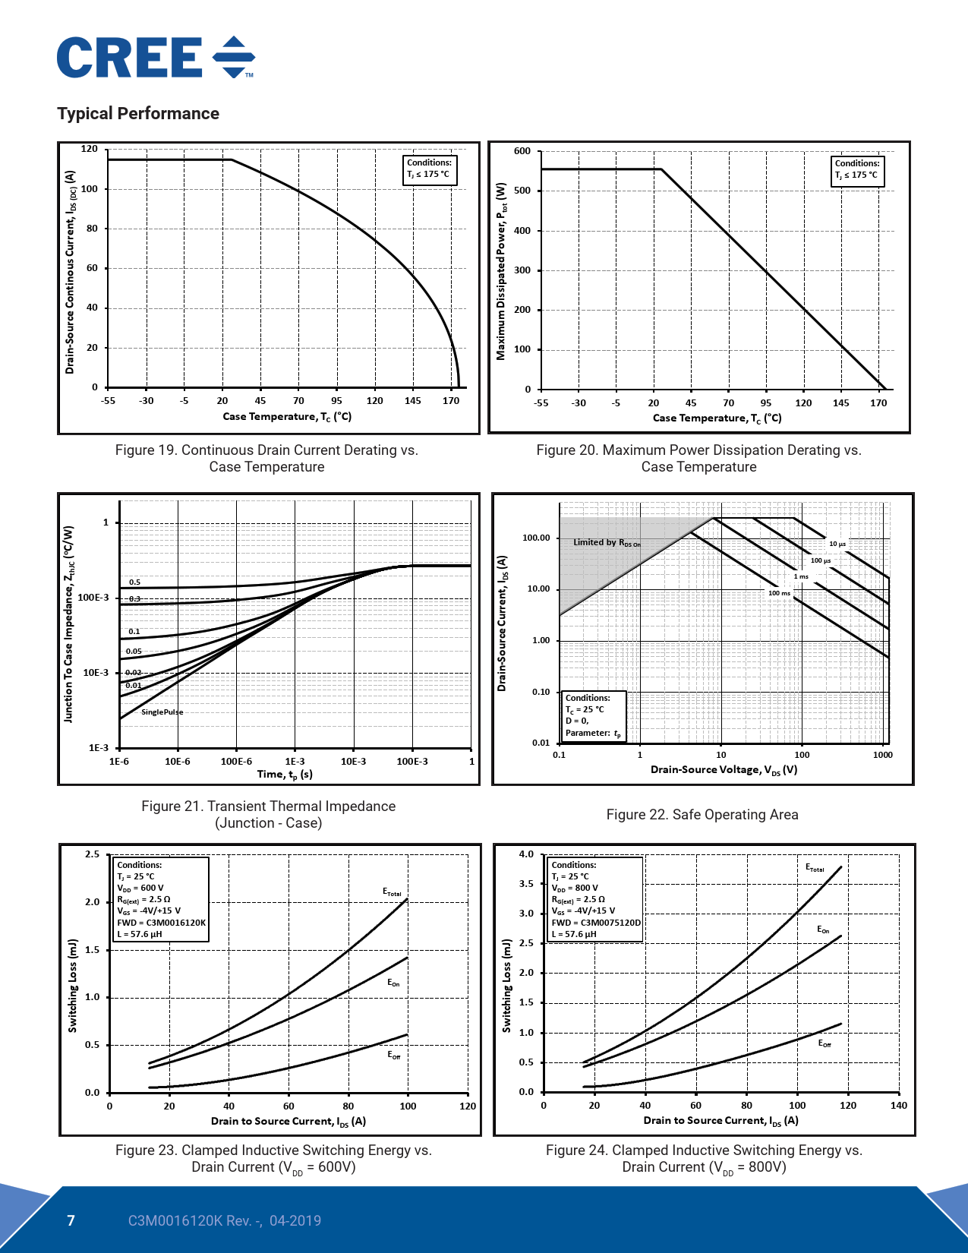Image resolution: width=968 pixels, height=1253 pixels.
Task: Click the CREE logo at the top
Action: click(x=156, y=58)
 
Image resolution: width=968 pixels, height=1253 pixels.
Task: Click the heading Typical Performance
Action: click(x=138, y=114)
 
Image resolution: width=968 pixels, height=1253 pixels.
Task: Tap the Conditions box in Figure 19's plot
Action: click(x=429, y=169)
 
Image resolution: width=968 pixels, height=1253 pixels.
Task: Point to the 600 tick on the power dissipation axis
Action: click(x=522, y=151)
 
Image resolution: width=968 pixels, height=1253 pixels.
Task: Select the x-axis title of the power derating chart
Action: click(x=717, y=418)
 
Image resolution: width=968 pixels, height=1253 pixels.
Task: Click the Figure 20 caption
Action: click(x=698, y=459)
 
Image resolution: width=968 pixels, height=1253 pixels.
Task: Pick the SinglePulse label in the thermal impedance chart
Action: click(x=162, y=712)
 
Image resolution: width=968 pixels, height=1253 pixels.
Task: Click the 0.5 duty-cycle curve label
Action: click(x=134, y=582)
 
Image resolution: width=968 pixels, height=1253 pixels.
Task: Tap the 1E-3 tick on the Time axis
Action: click(x=295, y=762)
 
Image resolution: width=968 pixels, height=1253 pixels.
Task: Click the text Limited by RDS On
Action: click(x=607, y=543)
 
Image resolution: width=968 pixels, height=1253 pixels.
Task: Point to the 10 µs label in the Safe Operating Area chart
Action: click(x=837, y=544)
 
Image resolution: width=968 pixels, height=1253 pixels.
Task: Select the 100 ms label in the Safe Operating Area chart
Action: click(x=779, y=593)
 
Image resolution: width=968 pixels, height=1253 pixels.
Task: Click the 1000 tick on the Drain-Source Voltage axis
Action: click(x=882, y=756)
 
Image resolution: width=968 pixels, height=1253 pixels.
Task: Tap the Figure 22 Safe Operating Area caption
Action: click(x=702, y=815)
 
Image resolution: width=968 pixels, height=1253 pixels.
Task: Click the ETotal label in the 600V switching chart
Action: click(x=392, y=892)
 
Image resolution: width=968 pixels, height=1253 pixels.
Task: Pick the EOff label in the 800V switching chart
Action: click(x=824, y=1043)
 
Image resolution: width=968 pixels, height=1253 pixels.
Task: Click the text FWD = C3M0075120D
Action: click(x=596, y=923)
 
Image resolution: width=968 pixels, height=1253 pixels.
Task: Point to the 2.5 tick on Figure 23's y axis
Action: click(x=92, y=855)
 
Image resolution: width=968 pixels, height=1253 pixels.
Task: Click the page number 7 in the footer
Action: click(x=71, y=1221)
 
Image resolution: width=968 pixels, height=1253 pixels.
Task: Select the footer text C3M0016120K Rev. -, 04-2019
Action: click(x=224, y=1221)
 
